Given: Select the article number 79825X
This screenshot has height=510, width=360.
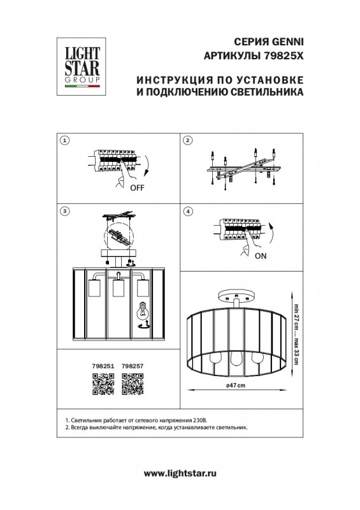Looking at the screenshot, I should point(283,55).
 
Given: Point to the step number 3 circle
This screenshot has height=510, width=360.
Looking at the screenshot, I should point(64,211).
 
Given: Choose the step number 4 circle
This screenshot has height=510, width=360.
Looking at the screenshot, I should point(187,211).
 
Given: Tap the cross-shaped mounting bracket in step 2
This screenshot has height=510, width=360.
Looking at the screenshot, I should point(240,169).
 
